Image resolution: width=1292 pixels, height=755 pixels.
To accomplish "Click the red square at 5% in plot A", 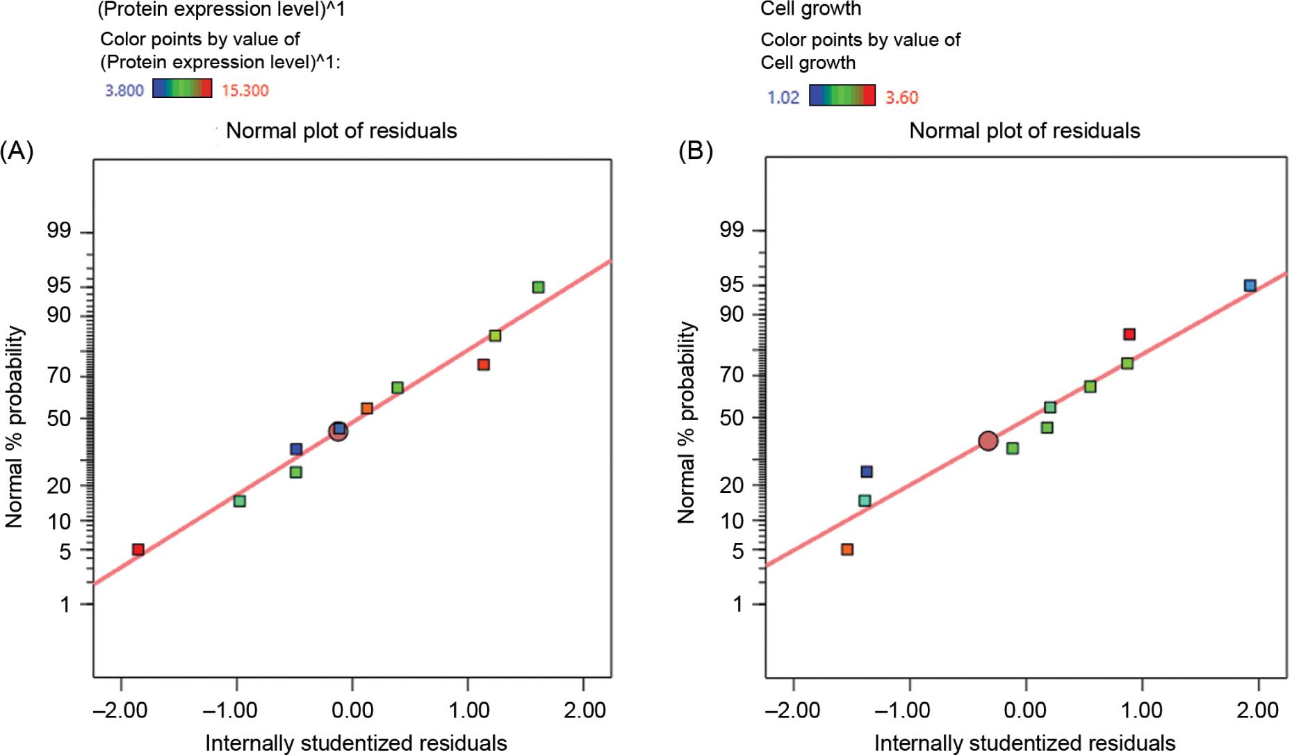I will [138, 550].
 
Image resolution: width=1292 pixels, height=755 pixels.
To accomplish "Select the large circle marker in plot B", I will [988, 441].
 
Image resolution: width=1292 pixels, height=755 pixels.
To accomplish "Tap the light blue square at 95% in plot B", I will [1250, 285].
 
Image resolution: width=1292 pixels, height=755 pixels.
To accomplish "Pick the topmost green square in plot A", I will [538, 287].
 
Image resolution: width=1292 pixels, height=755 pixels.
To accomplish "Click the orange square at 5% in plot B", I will [847, 550].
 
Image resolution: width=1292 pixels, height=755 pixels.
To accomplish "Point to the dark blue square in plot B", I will [866, 472].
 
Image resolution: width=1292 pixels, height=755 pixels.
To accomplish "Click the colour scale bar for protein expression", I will [182, 88].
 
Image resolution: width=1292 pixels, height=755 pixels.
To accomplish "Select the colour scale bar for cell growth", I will [842, 95].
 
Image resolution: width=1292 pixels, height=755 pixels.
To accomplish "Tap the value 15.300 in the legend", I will [245, 90].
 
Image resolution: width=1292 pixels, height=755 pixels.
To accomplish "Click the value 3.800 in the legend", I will [124, 90].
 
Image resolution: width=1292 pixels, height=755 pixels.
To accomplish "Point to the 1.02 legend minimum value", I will [783, 97].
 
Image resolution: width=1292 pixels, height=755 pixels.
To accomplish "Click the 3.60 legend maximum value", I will [901, 97].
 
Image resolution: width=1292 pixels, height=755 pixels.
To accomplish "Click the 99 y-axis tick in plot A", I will [59, 231].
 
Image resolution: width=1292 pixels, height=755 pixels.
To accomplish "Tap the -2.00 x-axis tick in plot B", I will [793, 711].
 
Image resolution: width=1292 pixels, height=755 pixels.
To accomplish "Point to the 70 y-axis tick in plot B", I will [731, 375].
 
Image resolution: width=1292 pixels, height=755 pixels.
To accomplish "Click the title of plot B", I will [1024, 131].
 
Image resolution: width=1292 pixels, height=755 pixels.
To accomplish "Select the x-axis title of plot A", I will [356, 742].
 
